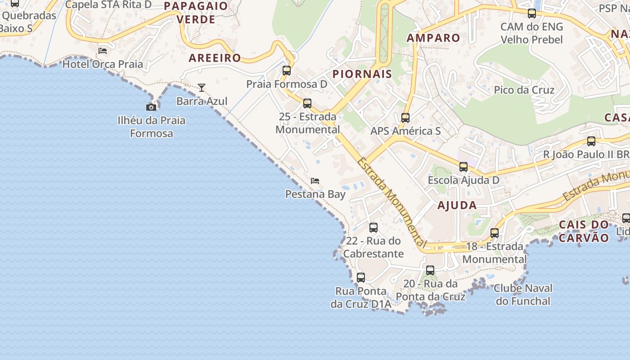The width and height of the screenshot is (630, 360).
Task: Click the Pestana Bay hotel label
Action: tap(315, 194)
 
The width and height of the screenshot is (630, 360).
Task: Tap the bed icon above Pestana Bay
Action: tap(315, 181)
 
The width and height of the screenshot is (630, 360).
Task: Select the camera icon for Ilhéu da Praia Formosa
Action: tap(151, 107)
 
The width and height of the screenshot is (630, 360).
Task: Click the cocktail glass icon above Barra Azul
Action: tap(202, 87)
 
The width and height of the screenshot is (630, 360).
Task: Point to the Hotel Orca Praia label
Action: tap(103, 64)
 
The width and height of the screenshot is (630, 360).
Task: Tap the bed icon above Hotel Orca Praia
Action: tap(103, 50)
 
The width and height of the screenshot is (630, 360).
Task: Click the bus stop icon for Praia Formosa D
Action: tap(287, 71)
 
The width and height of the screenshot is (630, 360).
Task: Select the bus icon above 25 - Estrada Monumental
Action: tap(307, 103)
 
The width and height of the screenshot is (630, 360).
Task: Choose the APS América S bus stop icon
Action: tap(405, 118)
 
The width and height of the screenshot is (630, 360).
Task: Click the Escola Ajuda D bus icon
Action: tap(463, 167)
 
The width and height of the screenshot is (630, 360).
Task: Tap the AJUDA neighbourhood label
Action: tap(457, 206)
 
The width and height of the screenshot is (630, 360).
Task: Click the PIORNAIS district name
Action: tap(362, 74)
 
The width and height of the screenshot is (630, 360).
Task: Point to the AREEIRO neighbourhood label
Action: tap(215, 58)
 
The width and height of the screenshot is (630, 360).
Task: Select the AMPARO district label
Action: tap(433, 38)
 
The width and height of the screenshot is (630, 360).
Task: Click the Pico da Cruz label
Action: tap(524, 90)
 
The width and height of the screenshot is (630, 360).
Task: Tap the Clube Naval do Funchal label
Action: tap(523, 294)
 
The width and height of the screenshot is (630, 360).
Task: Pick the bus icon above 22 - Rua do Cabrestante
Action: tap(373, 228)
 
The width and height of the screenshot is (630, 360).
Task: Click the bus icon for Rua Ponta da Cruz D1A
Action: tap(361, 278)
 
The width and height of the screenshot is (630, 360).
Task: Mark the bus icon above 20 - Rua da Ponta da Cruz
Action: tap(430, 270)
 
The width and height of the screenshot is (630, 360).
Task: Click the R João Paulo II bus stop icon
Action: tap(591, 141)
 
